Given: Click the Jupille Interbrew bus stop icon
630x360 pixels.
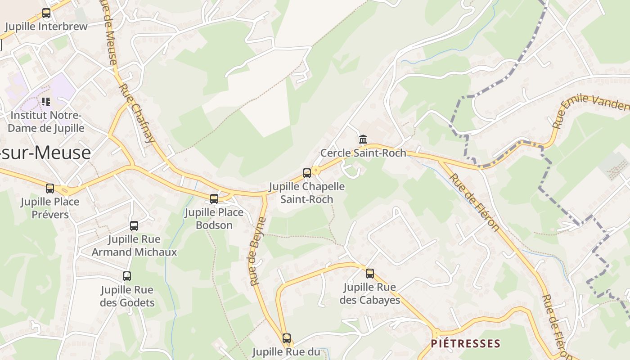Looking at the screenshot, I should pos(46,13).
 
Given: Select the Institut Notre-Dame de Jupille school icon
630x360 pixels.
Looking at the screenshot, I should pos(46,102).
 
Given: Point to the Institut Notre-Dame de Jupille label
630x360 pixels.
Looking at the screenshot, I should pos(46,122).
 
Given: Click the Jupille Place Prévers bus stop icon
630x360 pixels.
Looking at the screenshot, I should pos(50,189).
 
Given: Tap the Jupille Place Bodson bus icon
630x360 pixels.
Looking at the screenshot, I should pos(214,198).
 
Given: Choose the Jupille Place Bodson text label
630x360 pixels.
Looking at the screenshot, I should pos(214,219).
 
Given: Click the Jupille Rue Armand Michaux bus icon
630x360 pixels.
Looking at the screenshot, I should pos(134,226).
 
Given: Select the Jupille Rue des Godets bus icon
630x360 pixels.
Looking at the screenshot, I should pos(127,276).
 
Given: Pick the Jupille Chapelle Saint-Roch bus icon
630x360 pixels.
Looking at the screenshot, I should pos(307,173).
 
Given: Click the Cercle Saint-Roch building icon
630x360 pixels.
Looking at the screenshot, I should pos(363,139).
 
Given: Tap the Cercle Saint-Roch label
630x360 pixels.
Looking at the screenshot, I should pos(363,153).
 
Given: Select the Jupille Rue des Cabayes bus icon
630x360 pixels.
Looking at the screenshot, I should pos(370,273).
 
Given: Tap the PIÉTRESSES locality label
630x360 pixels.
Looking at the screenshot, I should pos(465,344).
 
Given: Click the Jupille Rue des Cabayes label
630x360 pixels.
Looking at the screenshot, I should pos(370,293).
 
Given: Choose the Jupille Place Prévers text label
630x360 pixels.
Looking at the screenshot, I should pos(50,208).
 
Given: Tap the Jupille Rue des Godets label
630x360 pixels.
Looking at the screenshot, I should pos(127,296).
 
